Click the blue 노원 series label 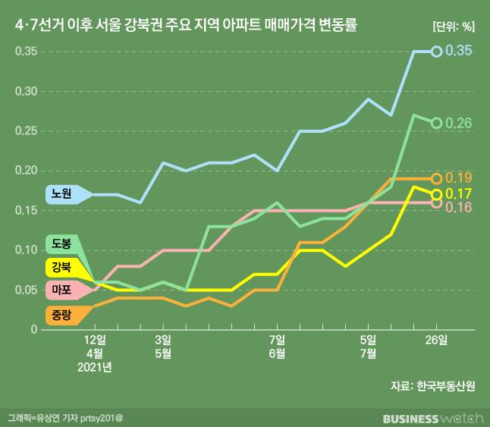click(x=61, y=194)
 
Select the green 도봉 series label click(x=61, y=244)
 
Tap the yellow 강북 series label click(x=61, y=267)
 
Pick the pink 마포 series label click(x=61, y=290)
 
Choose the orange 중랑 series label click(x=61, y=313)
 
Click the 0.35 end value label click(x=459, y=51)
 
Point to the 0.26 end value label click(x=459, y=123)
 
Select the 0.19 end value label click(x=459, y=178)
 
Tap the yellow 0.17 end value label click(x=459, y=193)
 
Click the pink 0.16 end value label click(x=459, y=207)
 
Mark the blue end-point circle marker click(x=437, y=52)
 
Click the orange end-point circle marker click(x=437, y=178)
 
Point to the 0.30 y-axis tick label click(x=27, y=91)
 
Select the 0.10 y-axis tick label click(x=27, y=250)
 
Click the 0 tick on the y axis click(x=33, y=329)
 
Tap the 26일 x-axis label click(x=436, y=339)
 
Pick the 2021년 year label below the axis click(x=94, y=368)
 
